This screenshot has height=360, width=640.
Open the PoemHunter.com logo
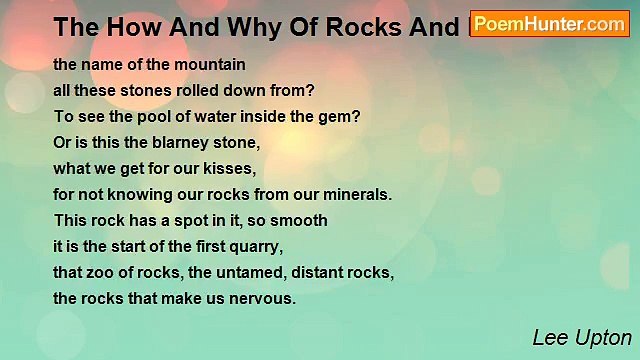click(549, 23)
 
